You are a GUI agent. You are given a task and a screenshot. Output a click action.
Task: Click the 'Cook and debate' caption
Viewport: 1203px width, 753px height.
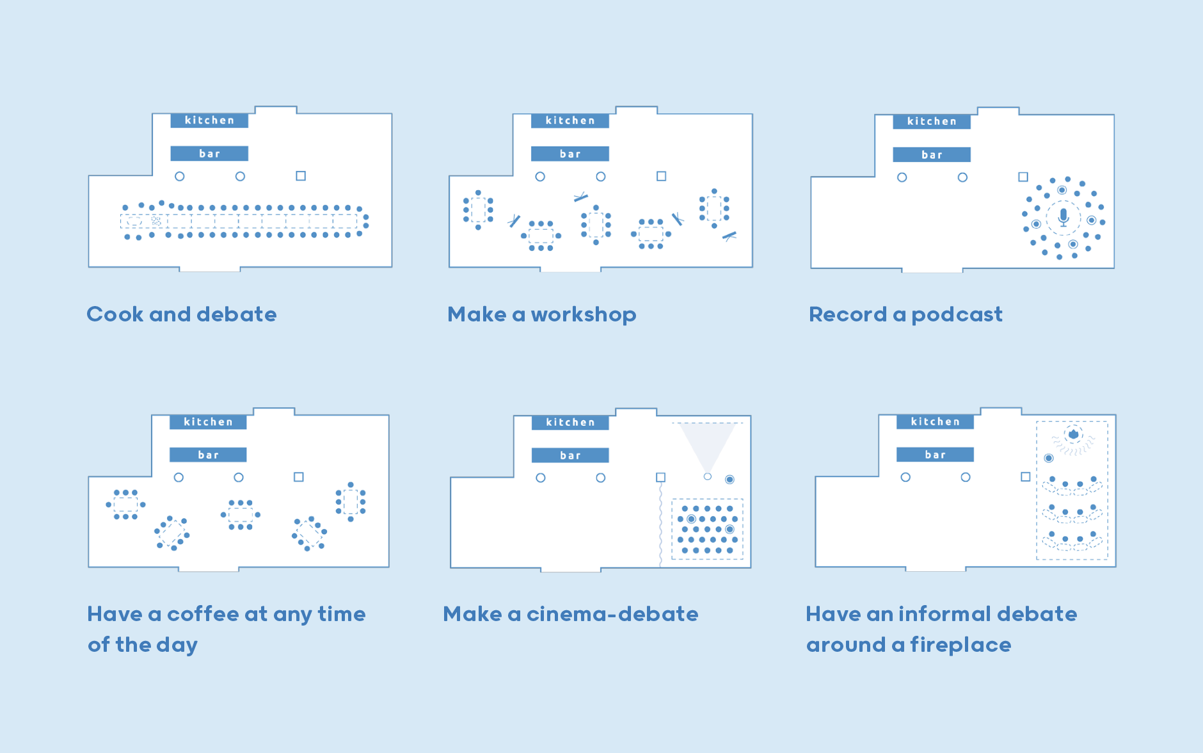click(182, 314)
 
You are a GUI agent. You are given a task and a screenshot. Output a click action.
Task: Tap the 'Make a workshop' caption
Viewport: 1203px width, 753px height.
click(542, 314)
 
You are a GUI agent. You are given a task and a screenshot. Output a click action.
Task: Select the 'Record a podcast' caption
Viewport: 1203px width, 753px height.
click(905, 314)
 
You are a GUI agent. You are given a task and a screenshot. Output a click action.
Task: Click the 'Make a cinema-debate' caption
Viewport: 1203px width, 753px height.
click(571, 614)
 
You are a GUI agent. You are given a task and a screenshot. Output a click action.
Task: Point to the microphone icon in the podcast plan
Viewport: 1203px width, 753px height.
click(1064, 216)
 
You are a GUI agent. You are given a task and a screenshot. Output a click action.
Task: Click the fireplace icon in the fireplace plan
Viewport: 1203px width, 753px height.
click(1073, 434)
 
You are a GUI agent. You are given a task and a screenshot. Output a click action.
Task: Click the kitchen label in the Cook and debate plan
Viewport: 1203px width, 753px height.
click(209, 120)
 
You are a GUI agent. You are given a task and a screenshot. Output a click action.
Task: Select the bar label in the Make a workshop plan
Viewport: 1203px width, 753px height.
click(570, 154)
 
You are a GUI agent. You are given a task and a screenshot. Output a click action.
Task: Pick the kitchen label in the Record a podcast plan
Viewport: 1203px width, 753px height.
click(932, 122)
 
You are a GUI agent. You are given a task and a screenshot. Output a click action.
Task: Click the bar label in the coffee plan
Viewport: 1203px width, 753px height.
click(208, 455)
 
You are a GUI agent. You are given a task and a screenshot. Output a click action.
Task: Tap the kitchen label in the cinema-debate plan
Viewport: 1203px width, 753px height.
click(570, 423)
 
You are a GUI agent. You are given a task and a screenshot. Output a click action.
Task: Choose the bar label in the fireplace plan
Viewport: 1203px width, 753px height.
click(935, 455)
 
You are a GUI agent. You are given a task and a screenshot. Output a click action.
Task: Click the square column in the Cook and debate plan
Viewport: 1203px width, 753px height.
click(301, 175)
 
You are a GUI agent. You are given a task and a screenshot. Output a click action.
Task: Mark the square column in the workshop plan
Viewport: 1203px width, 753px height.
click(662, 176)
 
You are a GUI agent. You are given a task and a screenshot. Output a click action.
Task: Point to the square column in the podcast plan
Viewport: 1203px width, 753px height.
click(1023, 177)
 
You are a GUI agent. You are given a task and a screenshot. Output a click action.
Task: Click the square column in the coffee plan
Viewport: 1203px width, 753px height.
click(299, 477)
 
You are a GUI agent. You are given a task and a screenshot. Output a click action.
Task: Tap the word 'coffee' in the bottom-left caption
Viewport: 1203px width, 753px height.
click(203, 614)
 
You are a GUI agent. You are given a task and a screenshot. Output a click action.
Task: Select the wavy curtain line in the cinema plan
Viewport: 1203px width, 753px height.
click(660, 523)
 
